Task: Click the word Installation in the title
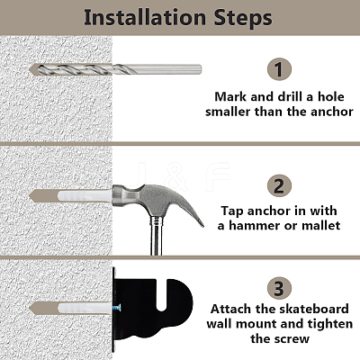pyautogui.click(x=145, y=17)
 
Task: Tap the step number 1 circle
pyautogui.click(x=279, y=69)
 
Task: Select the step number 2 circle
pyautogui.click(x=279, y=185)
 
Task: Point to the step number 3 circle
pyautogui.click(x=279, y=289)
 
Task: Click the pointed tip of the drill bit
pyautogui.click(x=30, y=69)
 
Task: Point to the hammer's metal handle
pyautogui.click(x=156, y=237)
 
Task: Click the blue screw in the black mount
pyautogui.click(x=117, y=308)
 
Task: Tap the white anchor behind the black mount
pyautogui.click(x=85, y=309)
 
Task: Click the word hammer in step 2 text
pyautogui.click(x=253, y=226)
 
